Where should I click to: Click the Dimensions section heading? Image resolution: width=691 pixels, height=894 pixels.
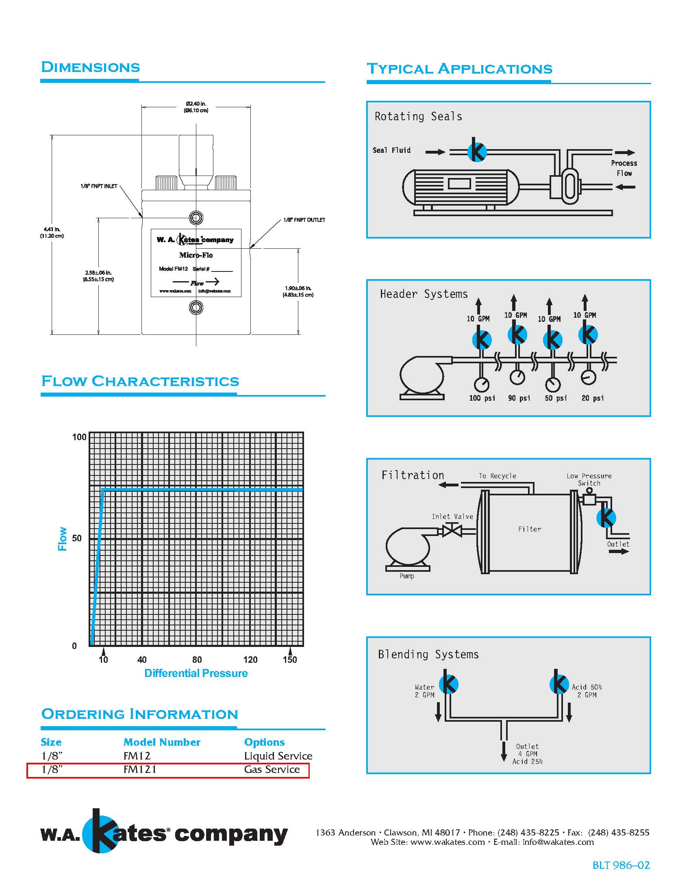[91, 67]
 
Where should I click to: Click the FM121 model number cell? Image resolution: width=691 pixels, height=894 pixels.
[140, 770]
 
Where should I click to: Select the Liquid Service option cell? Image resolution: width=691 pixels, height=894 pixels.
[278, 756]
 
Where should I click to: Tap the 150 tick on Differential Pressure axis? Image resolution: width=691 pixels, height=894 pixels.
[290, 660]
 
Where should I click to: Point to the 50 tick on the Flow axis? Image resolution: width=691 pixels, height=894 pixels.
[77, 538]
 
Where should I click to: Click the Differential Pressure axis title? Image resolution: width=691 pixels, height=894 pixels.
[196, 673]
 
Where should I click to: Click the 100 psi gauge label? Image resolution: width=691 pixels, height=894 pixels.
[482, 398]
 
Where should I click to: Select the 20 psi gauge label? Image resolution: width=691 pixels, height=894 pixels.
[592, 398]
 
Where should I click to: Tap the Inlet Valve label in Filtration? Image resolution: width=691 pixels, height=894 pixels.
[452, 516]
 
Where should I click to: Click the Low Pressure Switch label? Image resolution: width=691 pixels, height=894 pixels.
[589, 480]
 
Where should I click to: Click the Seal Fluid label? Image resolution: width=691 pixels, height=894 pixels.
[391, 150]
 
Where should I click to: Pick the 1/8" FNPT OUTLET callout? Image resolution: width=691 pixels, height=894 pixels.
[304, 220]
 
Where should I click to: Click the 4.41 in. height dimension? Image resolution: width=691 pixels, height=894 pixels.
[52, 232]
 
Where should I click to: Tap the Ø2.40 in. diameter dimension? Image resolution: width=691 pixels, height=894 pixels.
[196, 107]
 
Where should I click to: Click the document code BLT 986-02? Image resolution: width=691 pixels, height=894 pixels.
[621, 865]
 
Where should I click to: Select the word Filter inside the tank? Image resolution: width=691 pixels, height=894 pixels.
[529, 529]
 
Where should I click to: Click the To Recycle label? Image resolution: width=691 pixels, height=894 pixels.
[497, 476]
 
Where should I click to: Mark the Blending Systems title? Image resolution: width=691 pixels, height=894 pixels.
[428, 655]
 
